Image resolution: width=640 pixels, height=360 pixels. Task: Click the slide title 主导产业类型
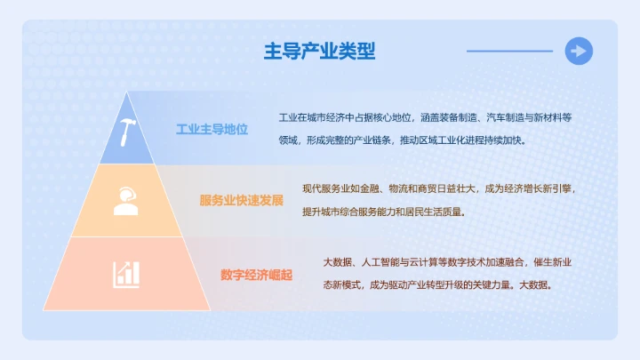click(x=319, y=52)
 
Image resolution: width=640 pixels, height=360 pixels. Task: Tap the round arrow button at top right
click(x=579, y=52)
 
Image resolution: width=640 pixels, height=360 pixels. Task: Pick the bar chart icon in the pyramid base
click(x=126, y=273)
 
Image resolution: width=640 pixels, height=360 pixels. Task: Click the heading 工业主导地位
click(x=212, y=130)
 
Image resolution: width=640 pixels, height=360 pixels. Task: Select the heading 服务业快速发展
click(x=241, y=200)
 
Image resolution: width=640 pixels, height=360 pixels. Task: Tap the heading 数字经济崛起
click(x=256, y=274)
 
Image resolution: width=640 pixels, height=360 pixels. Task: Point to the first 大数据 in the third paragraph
click(x=337, y=263)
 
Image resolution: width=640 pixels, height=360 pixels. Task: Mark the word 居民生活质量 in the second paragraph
click(x=436, y=212)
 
